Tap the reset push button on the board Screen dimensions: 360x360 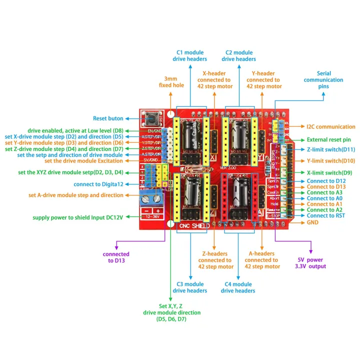[x=150, y=119]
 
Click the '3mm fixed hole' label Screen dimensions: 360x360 [x=171, y=82]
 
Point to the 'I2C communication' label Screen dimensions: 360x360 [x=330, y=126]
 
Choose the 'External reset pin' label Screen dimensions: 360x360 [x=328, y=140]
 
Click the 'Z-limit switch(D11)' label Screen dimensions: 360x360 [x=330, y=149]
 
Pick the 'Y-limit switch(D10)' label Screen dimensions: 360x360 [x=330, y=161]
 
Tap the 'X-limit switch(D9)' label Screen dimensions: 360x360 [x=329, y=172]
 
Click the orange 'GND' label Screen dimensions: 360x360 [x=313, y=222]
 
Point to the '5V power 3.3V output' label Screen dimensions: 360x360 [x=310, y=263]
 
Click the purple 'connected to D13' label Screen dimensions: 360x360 [x=116, y=257]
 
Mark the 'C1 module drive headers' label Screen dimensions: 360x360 [x=190, y=55]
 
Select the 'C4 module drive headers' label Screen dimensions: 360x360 [x=238, y=287]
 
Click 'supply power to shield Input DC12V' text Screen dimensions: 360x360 [x=77, y=217]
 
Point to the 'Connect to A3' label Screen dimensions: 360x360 [x=325, y=192]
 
